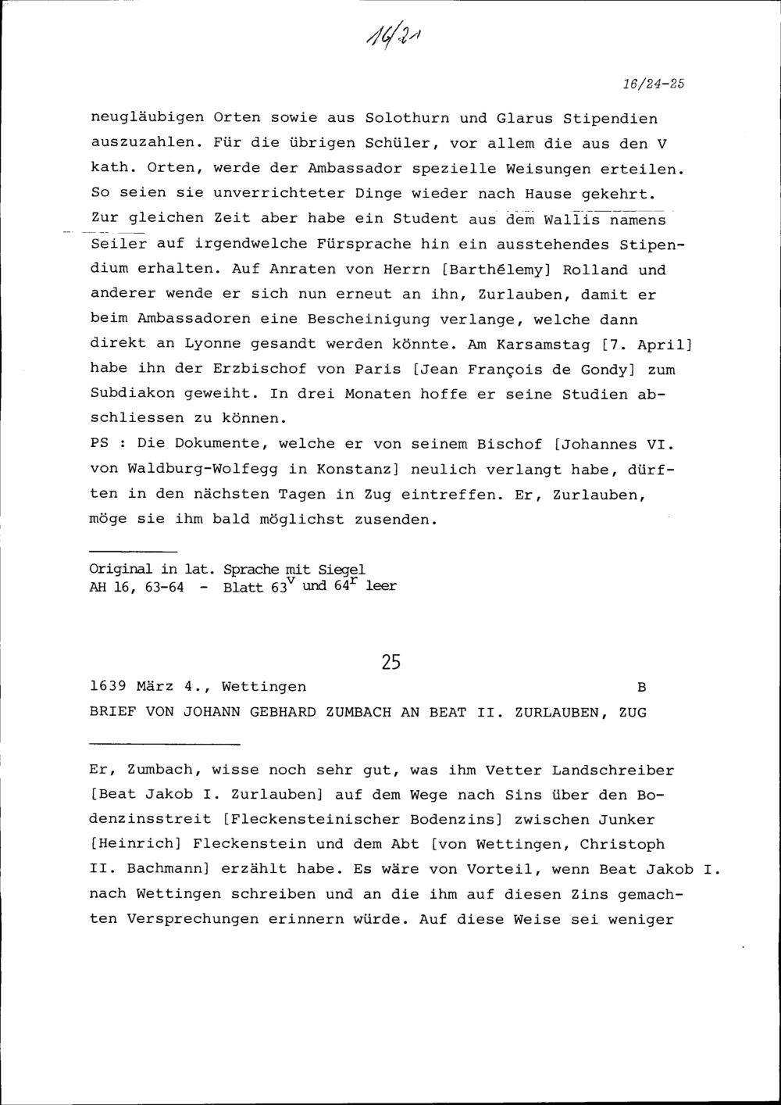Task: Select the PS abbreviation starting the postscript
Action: click(99, 444)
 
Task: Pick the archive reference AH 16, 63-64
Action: click(137, 587)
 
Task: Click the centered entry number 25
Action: click(391, 663)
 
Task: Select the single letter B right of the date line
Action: click(641, 688)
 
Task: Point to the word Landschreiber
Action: click(612, 770)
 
